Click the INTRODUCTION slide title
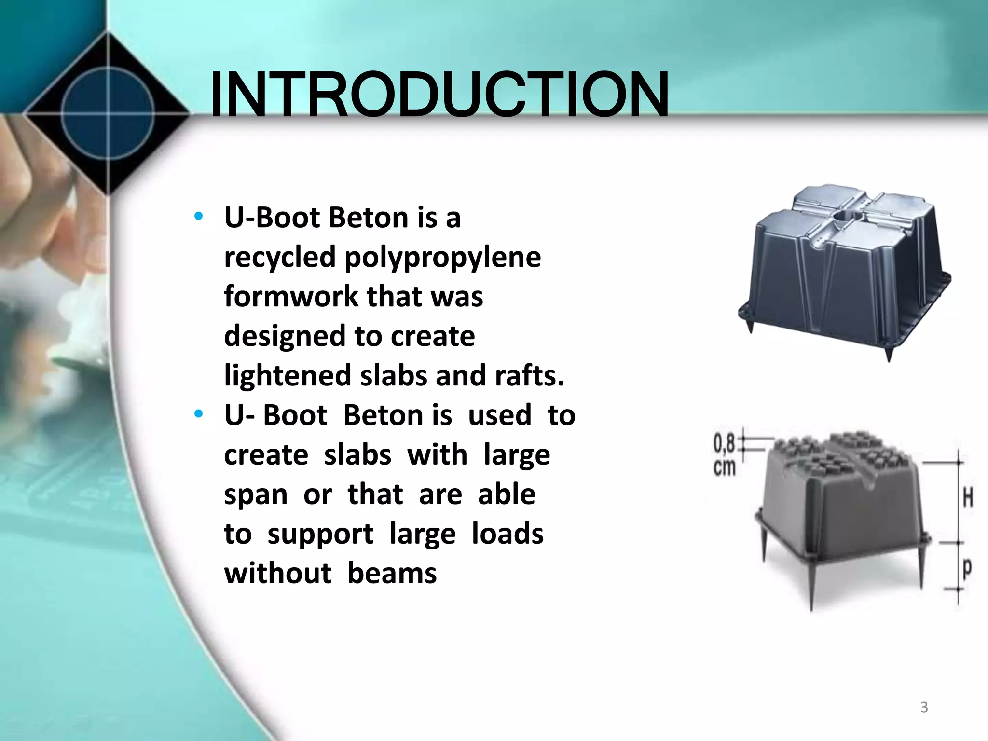[x=439, y=95]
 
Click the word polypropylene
[x=442, y=258]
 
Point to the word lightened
[x=288, y=375]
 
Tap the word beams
[x=392, y=573]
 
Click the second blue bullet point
[x=198, y=414]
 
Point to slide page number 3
[x=924, y=707]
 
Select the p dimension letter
[x=967, y=568]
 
